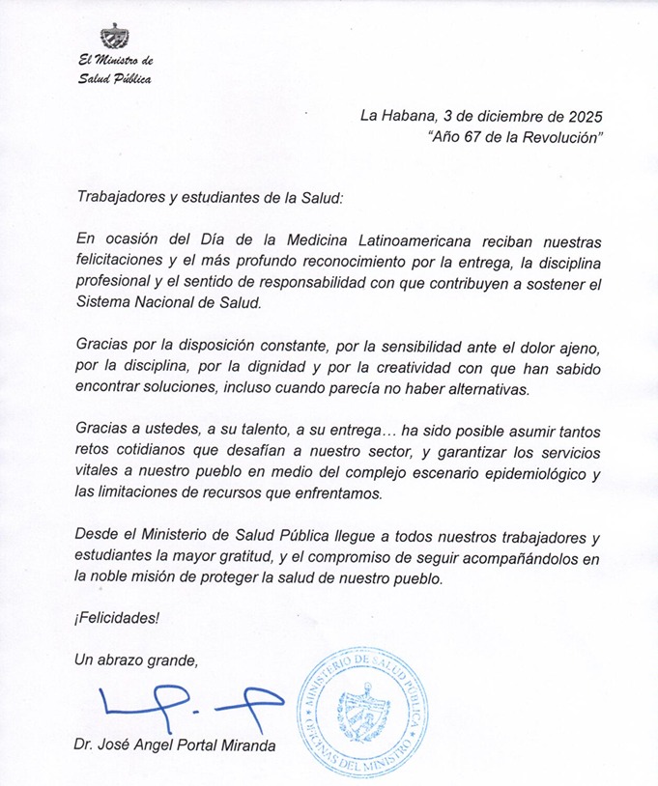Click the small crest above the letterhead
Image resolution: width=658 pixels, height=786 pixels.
coord(115,36)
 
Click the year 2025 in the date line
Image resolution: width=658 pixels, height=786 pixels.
coord(584,116)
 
